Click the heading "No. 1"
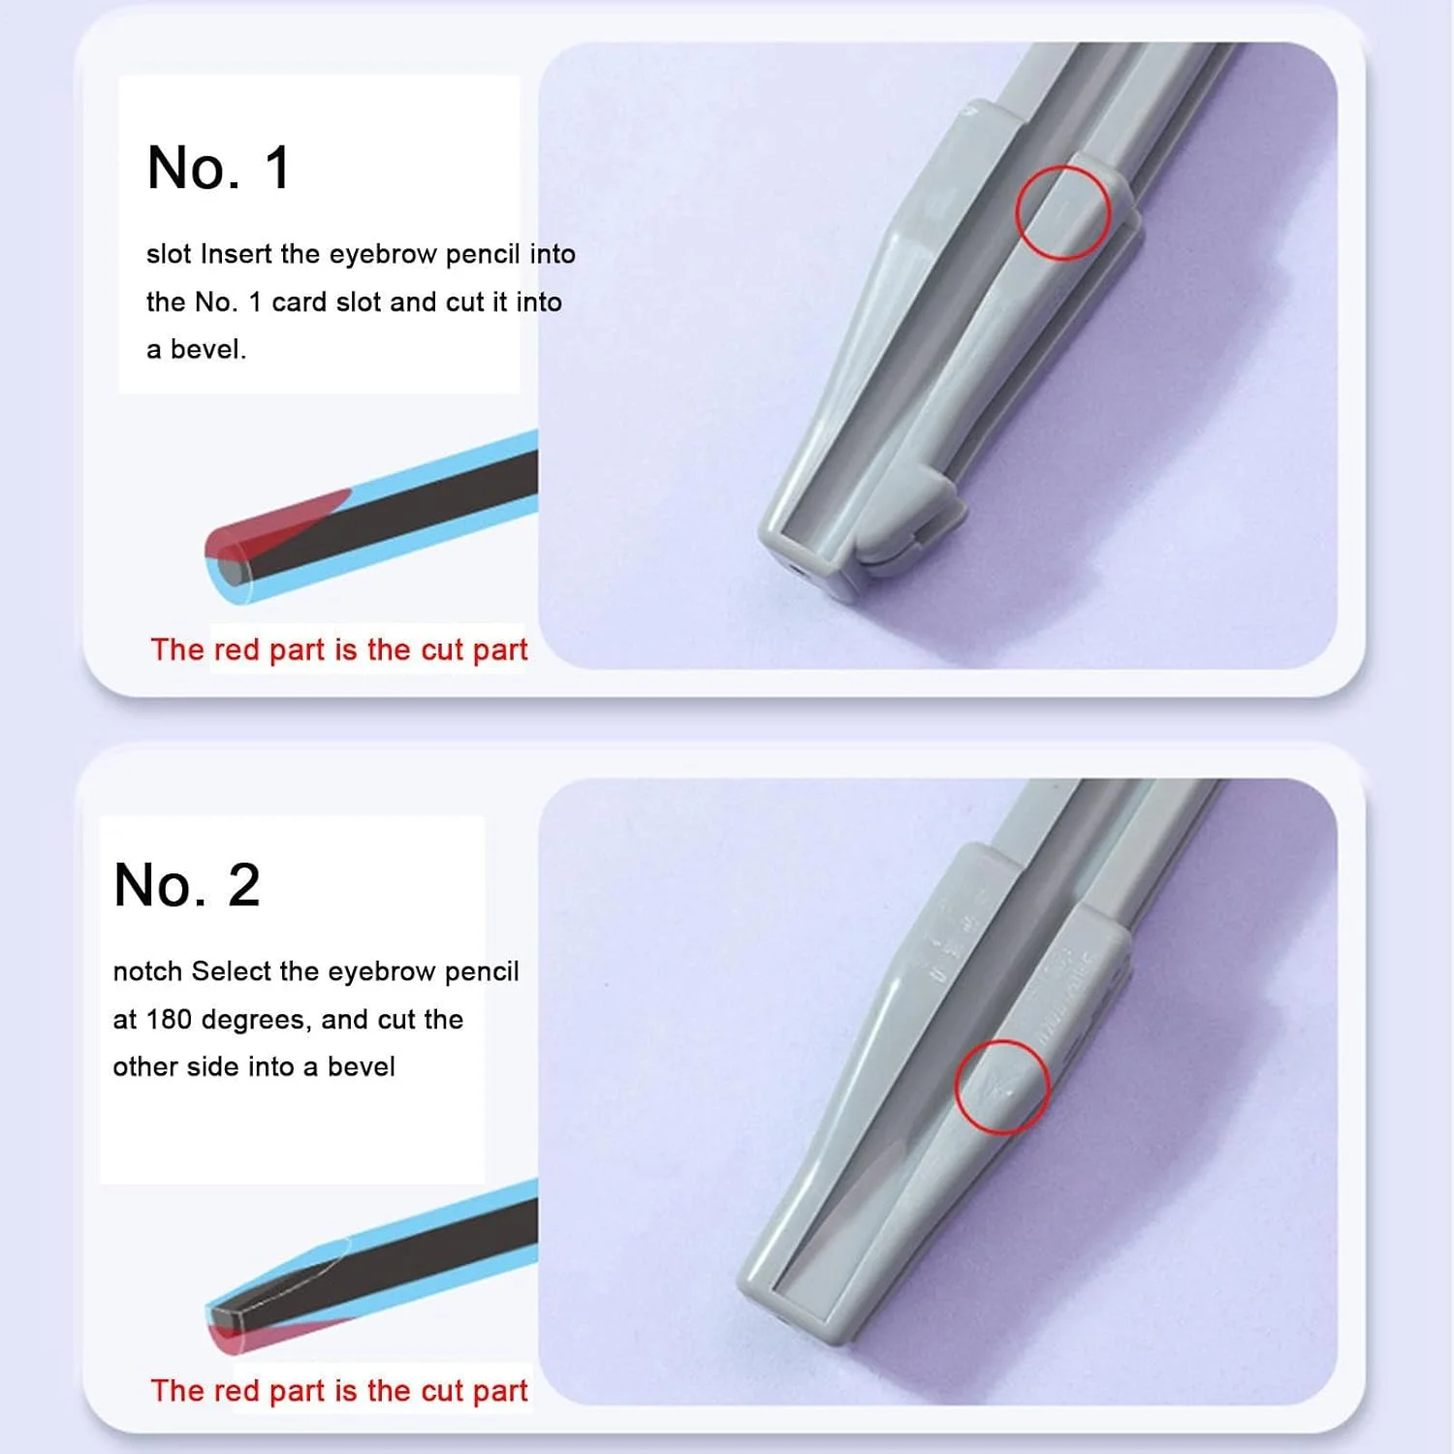click(x=218, y=168)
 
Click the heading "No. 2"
click(x=186, y=885)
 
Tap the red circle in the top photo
click(x=1062, y=212)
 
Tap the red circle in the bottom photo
click(x=1002, y=1087)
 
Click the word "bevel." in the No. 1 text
click(x=208, y=350)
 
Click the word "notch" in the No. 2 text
click(x=148, y=971)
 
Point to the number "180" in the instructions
click(x=170, y=1020)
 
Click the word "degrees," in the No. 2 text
click(x=257, y=1021)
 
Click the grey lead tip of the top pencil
click(x=230, y=571)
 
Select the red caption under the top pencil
click(x=339, y=649)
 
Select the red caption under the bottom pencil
click(x=339, y=1391)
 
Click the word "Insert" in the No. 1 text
click(x=236, y=254)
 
